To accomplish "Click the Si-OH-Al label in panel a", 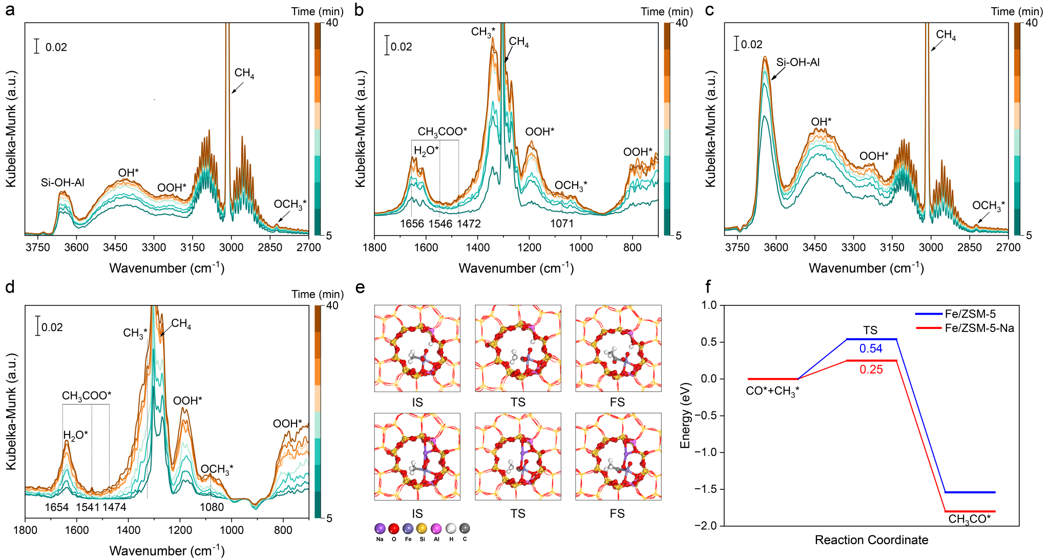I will point(62,182).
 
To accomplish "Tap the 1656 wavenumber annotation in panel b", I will point(412,223).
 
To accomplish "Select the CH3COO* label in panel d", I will point(87,396).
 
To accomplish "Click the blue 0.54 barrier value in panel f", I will point(871,349).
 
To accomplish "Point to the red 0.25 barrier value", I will point(871,369).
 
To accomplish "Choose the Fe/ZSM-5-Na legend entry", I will point(979,328).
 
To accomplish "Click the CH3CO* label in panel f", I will point(969,519).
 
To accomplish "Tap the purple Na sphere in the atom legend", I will point(380,528).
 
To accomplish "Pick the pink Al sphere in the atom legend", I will point(436,528).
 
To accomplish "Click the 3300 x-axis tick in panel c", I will point(853,247).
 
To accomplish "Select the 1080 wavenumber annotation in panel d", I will point(212,507).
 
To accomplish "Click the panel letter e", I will point(360,288).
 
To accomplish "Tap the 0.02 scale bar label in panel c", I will point(751,45).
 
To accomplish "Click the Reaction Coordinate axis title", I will point(871,540).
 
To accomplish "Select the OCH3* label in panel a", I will point(290,204).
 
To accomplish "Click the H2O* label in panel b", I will point(426,151).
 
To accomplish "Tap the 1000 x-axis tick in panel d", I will point(232,530).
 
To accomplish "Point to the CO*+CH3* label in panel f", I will point(772,391).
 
